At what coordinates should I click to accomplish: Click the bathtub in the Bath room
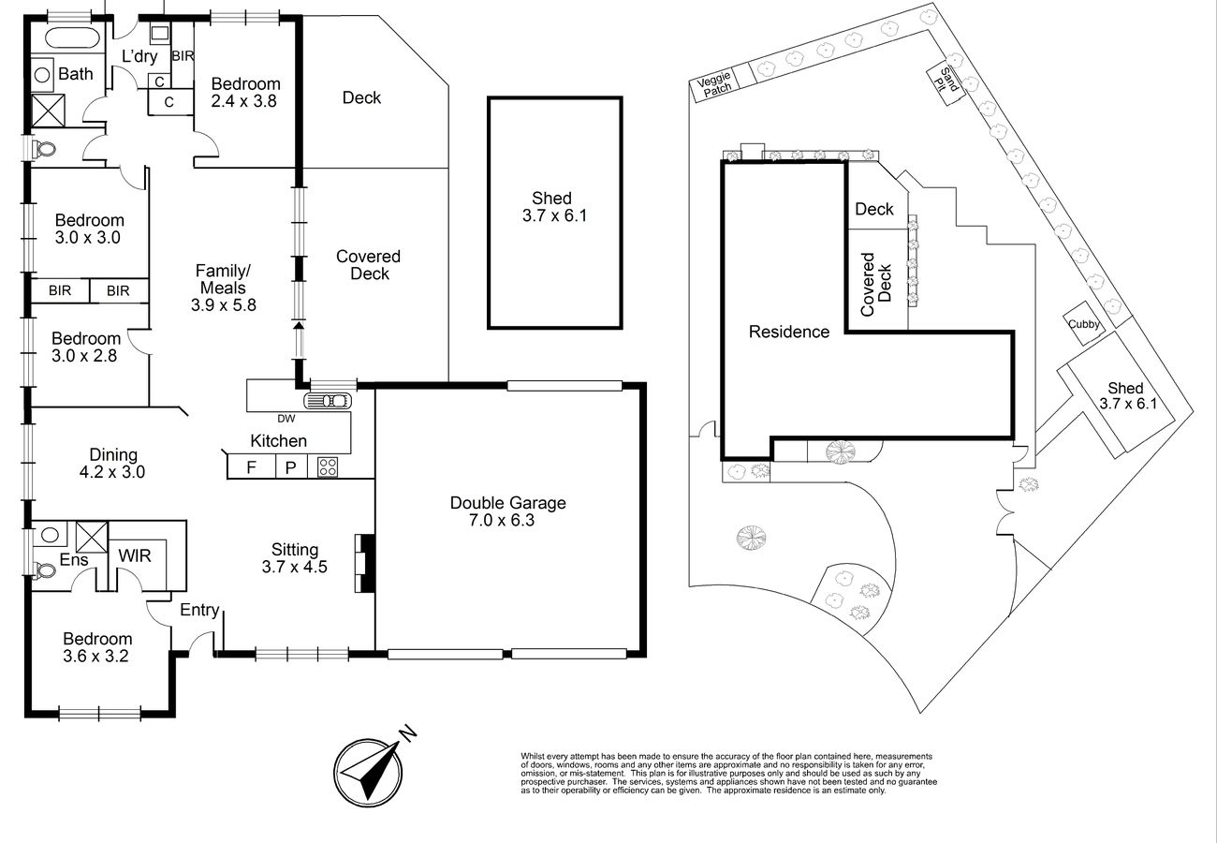(72, 38)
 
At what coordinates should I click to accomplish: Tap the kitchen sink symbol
(328, 401)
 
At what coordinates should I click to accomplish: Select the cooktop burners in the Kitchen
(328, 466)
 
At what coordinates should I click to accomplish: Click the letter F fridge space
(251, 466)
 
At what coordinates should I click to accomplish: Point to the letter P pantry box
(290, 467)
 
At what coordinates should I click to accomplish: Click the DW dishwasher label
(286, 419)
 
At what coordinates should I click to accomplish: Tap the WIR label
(135, 555)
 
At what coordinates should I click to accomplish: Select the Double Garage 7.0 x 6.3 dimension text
(502, 520)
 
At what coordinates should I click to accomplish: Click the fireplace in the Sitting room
(365, 563)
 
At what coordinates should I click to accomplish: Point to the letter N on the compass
(408, 732)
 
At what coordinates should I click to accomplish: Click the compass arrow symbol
(368, 772)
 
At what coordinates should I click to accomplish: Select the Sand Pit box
(946, 82)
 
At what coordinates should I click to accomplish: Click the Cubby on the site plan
(1084, 323)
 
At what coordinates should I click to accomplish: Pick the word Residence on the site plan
(789, 332)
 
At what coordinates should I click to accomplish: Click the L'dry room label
(139, 56)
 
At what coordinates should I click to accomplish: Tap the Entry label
(199, 610)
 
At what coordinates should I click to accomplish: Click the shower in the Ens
(92, 537)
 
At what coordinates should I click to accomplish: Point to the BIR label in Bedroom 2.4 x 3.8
(183, 55)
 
